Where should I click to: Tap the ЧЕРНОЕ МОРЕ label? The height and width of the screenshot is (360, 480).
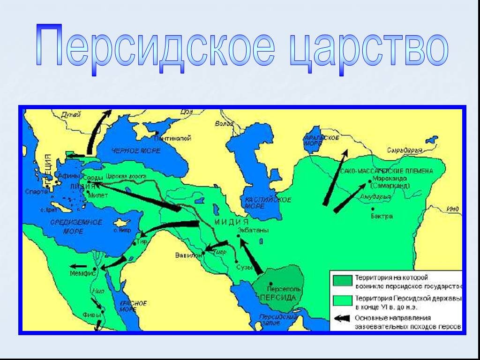[136, 151]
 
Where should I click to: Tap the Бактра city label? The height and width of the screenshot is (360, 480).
[384, 217]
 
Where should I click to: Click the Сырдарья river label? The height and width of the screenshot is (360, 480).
[404, 151]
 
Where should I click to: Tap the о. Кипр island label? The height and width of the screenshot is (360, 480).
[123, 230]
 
